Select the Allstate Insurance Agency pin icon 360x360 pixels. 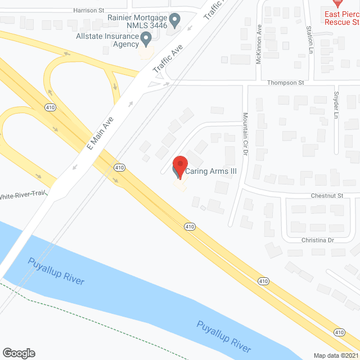click(x=147, y=39)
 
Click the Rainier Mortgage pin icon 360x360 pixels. click(x=174, y=21)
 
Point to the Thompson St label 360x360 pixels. click(x=286, y=82)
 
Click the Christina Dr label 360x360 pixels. click(x=318, y=240)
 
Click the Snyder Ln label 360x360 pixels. click(x=336, y=105)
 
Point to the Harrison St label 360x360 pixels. click(x=89, y=10)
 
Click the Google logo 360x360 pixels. click(x=18, y=353)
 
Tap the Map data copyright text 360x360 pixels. click(x=336, y=355)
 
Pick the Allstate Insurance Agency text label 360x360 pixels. click(x=108, y=40)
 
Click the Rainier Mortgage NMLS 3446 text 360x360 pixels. click(x=138, y=21)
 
